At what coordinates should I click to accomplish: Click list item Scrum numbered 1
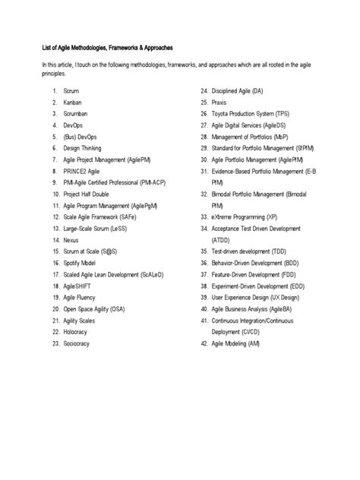tap(71, 90)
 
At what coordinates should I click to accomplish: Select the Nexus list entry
tap(71, 239)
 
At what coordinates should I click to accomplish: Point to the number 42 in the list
tap(204, 343)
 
